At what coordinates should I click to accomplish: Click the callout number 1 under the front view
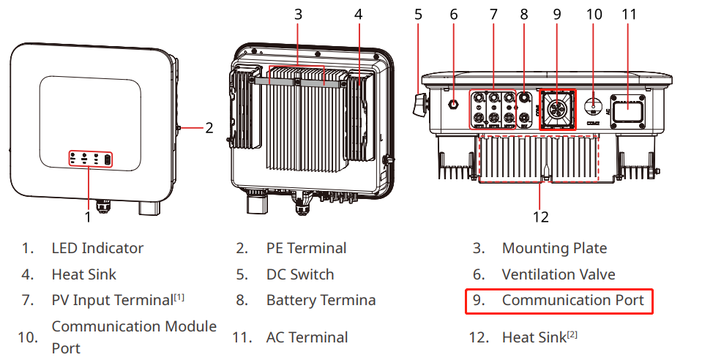[x=88, y=217]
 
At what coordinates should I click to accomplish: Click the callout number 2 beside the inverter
[x=209, y=128]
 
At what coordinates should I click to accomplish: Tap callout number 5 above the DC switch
[x=418, y=13]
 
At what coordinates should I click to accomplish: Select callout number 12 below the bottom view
[x=540, y=217]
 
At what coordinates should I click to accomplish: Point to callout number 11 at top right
[x=628, y=13]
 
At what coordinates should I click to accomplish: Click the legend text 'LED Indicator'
[x=97, y=248]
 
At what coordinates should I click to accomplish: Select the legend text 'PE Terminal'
[x=306, y=248]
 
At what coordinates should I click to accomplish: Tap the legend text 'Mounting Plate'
[x=554, y=248]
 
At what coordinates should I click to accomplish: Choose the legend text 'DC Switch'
[x=300, y=274]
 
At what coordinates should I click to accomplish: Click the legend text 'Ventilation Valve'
[x=559, y=274]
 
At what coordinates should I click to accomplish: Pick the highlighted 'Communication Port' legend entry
[x=559, y=300]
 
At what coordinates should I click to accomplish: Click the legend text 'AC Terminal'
[x=306, y=337]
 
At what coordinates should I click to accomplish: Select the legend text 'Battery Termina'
[x=321, y=300]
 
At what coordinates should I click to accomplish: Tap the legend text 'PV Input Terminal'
[x=111, y=300]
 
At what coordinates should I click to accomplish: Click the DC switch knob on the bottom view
[x=420, y=104]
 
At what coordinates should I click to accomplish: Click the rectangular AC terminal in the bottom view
[x=628, y=110]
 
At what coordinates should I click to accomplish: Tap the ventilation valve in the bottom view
[x=453, y=104]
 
